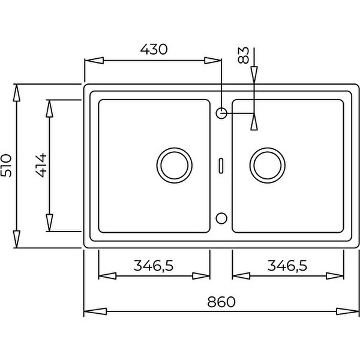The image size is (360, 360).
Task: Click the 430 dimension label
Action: click(154, 49)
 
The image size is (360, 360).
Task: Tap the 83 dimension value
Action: click(244, 55)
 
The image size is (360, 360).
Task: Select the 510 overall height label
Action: click(6, 166)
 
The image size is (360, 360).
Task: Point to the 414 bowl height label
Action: click(41, 166)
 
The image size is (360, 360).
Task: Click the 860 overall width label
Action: click(221, 302)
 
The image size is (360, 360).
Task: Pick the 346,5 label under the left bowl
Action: click(154, 266)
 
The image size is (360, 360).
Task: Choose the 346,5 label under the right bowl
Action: click(287, 266)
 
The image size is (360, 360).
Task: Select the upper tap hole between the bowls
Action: click(221, 108)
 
